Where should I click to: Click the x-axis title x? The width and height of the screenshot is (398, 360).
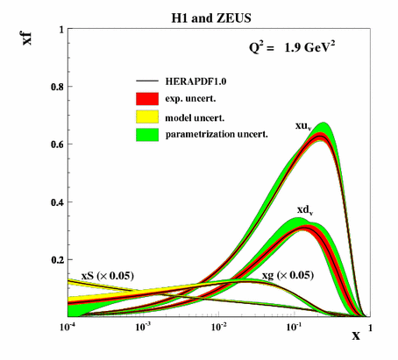click(357, 335)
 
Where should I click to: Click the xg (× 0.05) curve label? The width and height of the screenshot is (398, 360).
click(286, 276)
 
